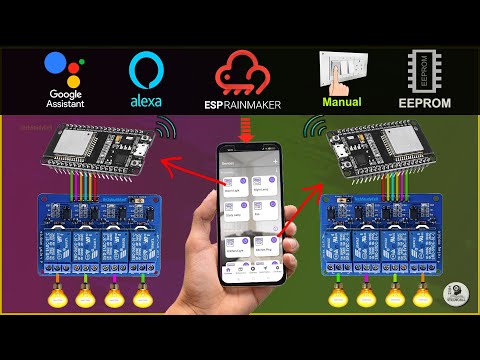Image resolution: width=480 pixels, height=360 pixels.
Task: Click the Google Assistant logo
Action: coord(65,69)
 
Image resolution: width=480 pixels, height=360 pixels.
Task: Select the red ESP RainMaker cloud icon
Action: coord(248,73)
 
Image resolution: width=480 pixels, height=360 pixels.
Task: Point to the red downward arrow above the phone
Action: coord(248,128)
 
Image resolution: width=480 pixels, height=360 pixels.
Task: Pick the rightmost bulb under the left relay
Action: coord(142,297)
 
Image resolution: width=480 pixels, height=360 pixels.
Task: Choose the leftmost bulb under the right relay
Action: coord(338,298)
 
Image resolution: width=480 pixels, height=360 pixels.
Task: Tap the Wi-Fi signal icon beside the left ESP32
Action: coord(164,129)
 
